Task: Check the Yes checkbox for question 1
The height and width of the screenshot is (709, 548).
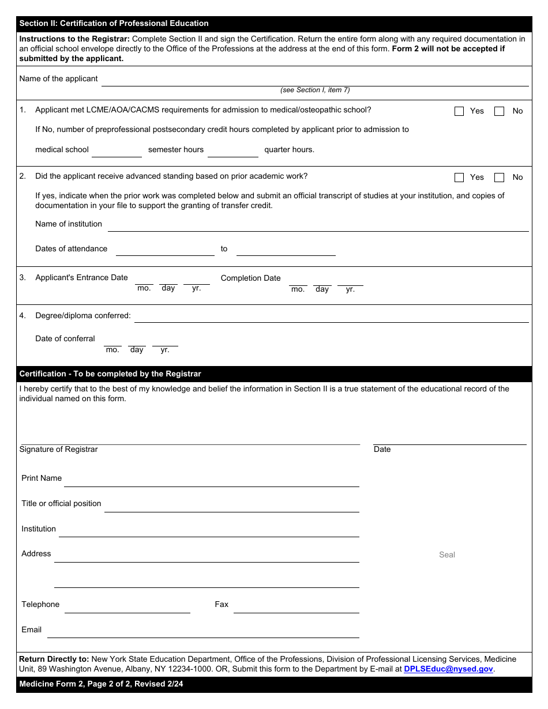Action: pyautogui.click(x=459, y=111)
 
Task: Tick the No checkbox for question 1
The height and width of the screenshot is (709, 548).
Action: pyautogui.click(x=500, y=111)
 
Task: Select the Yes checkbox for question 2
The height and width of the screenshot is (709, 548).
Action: pyautogui.click(x=459, y=178)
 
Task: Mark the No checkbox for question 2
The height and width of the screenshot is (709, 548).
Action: pyautogui.click(x=500, y=178)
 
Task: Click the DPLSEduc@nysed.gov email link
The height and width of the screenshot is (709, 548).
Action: pyautogui.click(x=448, y=669)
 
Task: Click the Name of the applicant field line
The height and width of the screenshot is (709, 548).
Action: pyautogui.click(x=314, y=81)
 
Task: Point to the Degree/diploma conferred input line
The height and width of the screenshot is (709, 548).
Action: pyautogui.click(x=331, y=317)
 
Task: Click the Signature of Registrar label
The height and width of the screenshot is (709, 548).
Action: pyautogui.click(x=59, y=450)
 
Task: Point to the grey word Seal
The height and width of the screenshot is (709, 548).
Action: pyautogui.click(x=447, y=555)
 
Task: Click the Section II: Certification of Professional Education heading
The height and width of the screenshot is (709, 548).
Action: pyautogui.click(x=114, y=24)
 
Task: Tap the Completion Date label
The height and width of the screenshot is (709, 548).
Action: pyautogui.click(x=250, y=278)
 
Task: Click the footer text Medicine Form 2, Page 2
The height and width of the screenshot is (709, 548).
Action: pyautogui.click(x=101, y=684)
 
